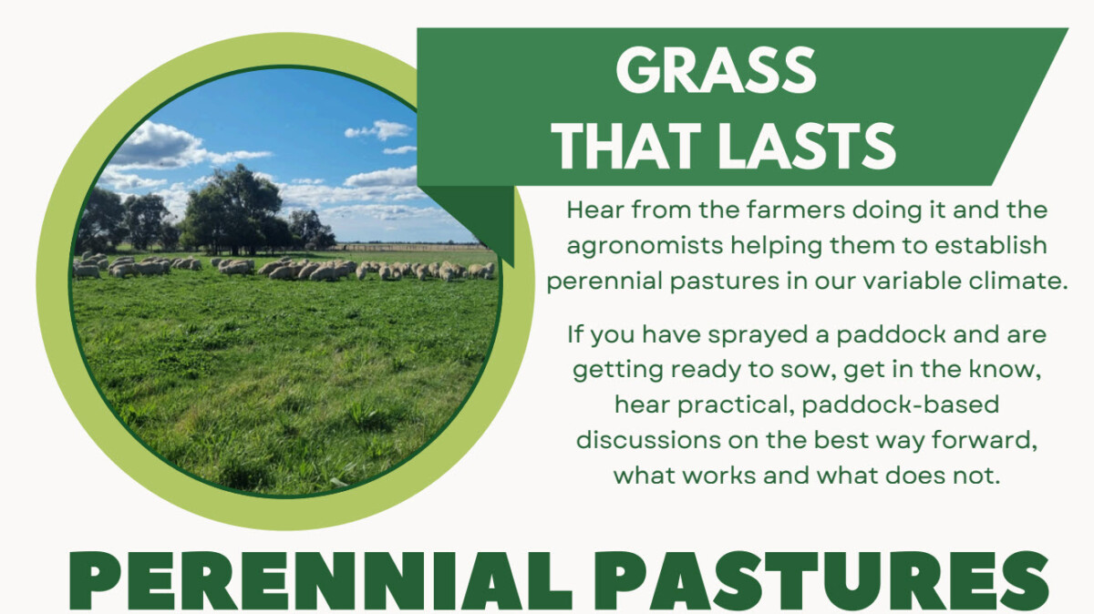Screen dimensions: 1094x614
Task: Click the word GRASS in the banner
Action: point(716,71)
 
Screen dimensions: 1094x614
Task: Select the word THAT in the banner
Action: point(627,147)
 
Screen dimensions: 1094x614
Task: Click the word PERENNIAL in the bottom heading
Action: point(321,581)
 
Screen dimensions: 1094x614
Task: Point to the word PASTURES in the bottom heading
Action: point(821,581)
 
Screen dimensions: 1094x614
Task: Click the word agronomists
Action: point(645,246)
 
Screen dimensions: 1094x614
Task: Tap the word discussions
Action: point(648,440)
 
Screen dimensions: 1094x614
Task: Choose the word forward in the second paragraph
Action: point(984,441)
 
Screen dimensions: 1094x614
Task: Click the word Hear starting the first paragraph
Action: point(595,210)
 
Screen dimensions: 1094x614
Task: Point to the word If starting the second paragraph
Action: point(575,335)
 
